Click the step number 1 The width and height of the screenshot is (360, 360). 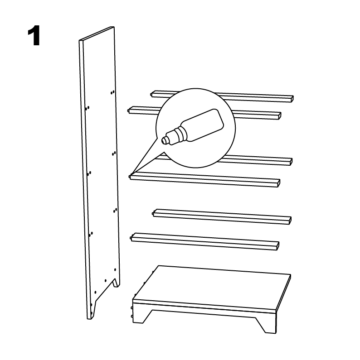tap(34, 36)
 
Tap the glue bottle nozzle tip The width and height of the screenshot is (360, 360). tap(164, 140)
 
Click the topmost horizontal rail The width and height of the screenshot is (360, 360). tap(222, 96)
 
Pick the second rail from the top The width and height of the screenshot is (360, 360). tap(204, 113)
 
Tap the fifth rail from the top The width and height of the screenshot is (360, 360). tap(222, 216)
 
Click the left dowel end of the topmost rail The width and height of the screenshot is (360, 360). tap(152, 94)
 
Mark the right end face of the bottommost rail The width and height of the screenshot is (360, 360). tap(278, 246)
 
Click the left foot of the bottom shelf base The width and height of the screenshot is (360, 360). tap(141, 317)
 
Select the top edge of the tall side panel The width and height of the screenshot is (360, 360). tap(97, 34)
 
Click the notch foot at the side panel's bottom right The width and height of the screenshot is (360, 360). tap(116, 283)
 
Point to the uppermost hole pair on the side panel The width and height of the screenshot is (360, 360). tap(112, 92)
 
